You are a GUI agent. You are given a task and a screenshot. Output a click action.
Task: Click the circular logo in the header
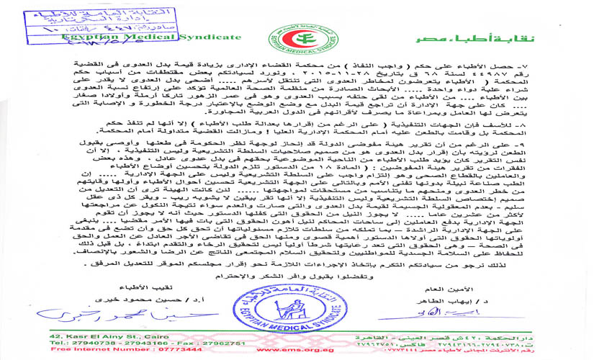pyautogui.click(x=295, y=35)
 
